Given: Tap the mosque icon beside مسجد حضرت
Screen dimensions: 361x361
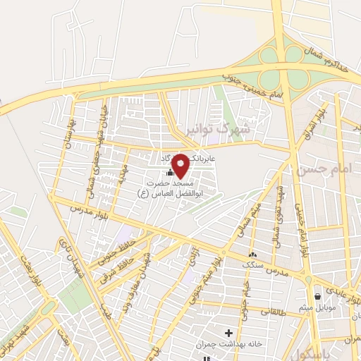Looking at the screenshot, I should pos(169,173).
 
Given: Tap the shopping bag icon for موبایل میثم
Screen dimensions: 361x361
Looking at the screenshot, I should pos(318,297).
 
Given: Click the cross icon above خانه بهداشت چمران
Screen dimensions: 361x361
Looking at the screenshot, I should pos(228,332).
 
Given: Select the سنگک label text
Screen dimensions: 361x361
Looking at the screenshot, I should pos(252,265).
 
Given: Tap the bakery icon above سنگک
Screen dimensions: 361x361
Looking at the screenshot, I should pos(252,255).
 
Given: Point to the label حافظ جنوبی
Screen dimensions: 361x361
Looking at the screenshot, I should pos(116,252).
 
